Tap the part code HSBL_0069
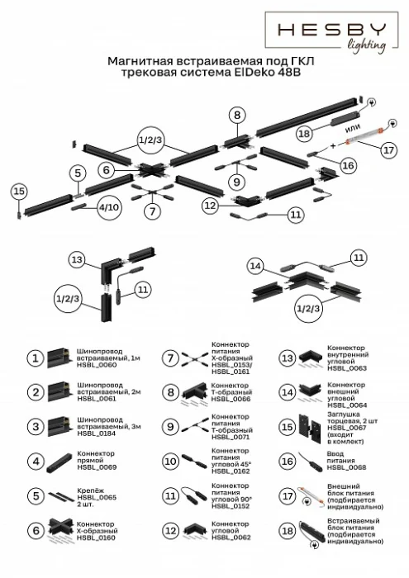(x=93, y=467)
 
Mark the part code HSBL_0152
(x=228, y=505)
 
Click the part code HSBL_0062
(x=228, y=538)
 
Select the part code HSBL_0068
(x=345, y=467)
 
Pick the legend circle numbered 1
(x=36, y=358)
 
